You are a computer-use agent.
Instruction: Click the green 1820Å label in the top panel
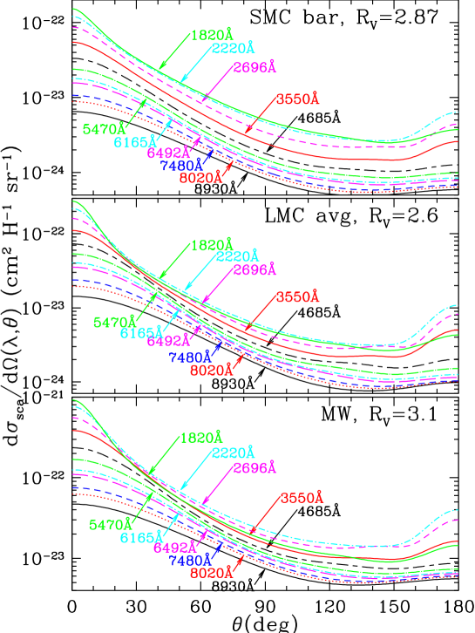click(212, 37)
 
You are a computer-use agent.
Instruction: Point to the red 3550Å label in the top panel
click(298, 99)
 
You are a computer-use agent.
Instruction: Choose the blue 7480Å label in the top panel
click(181, 166)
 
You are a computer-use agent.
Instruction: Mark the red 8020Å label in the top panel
click(200, 178)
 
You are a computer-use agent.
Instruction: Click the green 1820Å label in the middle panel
click(212, 245)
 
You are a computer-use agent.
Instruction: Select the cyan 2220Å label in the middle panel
click(237, 256)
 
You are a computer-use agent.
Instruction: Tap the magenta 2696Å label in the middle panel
click(254, 270)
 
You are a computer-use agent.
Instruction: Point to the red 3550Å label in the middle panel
click(298, 297)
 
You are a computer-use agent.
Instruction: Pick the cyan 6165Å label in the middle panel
click(141, 333)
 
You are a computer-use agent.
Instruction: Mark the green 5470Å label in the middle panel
click(114, 322)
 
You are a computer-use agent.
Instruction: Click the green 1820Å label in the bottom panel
click(200, 438)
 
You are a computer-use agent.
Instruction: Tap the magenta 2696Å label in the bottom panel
click(254, 469)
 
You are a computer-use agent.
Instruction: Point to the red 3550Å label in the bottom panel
click(302, 498)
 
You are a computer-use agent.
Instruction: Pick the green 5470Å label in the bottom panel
click(109, 525)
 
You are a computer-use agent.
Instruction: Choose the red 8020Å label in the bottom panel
click(212, 574)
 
